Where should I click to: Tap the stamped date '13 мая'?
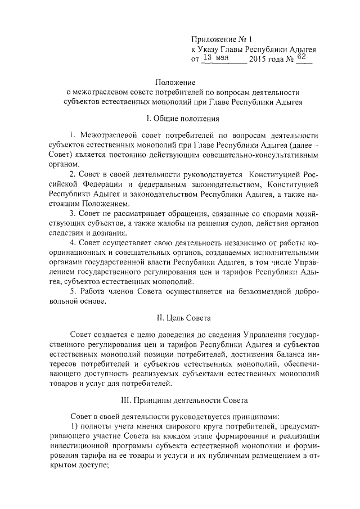click(216, 57)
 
